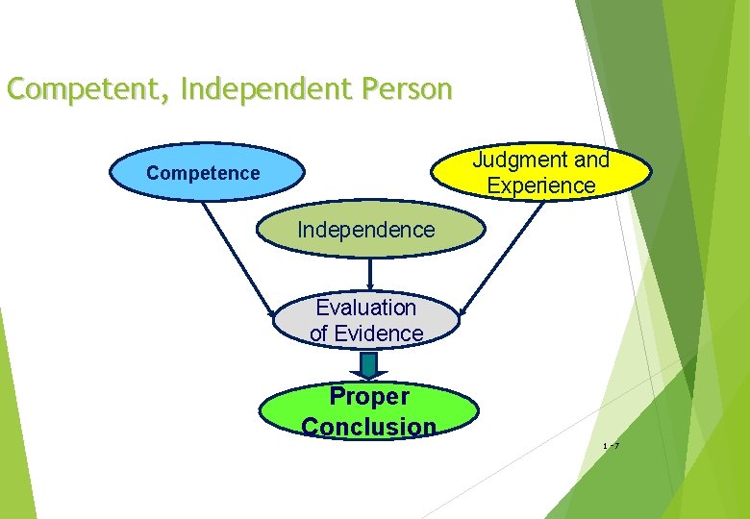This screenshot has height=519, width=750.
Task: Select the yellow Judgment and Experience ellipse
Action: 541,172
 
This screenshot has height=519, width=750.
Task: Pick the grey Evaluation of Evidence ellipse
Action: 366,321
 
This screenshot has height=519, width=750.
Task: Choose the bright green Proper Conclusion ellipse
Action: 368,410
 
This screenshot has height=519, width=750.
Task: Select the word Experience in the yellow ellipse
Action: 541,185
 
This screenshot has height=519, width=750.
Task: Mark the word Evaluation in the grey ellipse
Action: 366,308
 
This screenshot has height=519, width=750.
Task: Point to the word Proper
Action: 369,396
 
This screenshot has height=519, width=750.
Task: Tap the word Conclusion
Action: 368,427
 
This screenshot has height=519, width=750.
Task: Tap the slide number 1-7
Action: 610,446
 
